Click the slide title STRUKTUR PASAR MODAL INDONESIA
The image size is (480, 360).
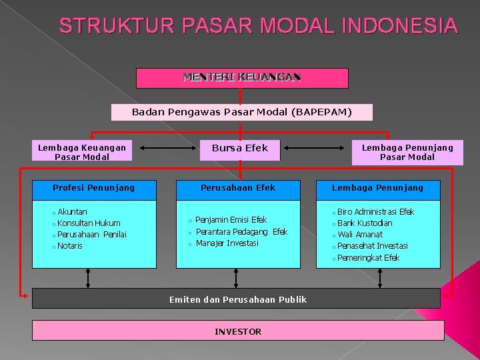coord(259,26)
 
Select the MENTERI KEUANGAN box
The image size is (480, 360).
coord(242,77)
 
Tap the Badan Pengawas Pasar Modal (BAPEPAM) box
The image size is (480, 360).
coord(241,112)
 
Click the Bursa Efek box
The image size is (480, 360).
coord(240,148)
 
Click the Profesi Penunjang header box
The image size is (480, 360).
coord(94,188)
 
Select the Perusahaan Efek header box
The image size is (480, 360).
coord(238,188)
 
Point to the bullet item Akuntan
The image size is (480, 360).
coord(72,212)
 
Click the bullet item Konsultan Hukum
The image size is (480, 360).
coord(89,223)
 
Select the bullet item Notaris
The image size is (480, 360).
coord(70,246)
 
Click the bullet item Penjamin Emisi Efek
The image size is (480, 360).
coord(231,220)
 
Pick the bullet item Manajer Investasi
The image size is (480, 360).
coord(227,243)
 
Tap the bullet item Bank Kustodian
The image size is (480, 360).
coord(365,223)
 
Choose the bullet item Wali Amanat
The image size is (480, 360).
coord(360,235)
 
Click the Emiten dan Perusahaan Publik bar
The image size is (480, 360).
coord(238,299)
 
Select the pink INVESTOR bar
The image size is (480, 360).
coord(238,331)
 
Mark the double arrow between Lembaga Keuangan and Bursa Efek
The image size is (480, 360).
coord(163,148)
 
